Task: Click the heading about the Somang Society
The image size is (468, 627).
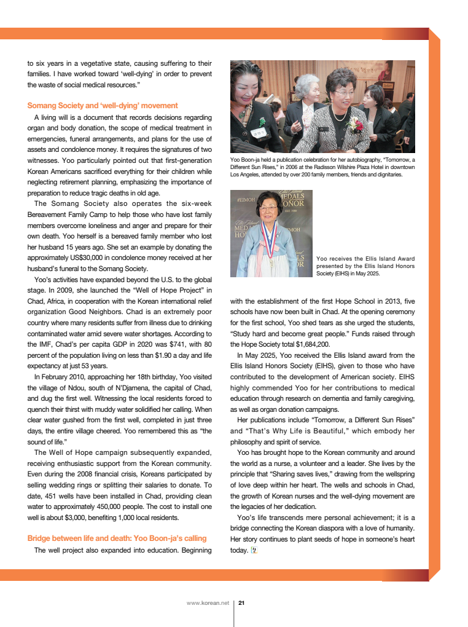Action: pos(103,106)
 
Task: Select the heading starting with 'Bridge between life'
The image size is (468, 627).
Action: pos(117,538)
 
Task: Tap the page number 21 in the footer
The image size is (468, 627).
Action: pos(241,602)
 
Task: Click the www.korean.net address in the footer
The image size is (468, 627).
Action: pos(208,602)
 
